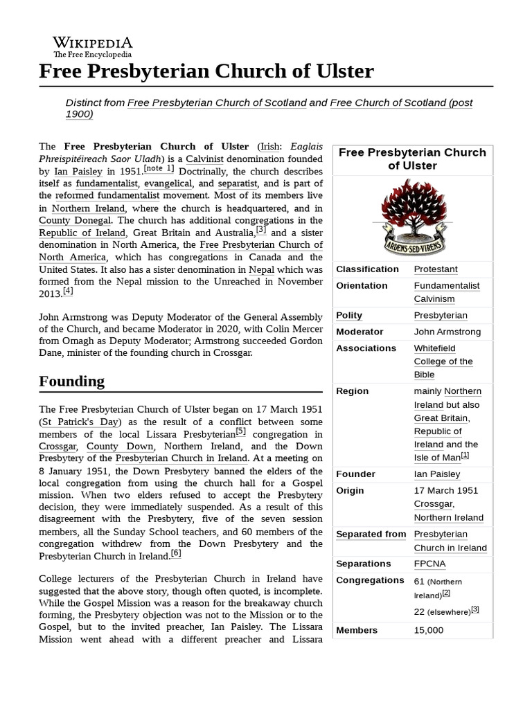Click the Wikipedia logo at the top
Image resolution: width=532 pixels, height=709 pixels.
coord(93,46)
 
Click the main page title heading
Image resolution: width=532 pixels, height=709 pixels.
coord(206,71)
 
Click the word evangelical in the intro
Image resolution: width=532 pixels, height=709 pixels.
coord(169,183)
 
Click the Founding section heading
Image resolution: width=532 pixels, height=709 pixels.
coord(72,382)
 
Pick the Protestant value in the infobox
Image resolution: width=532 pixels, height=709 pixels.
coord(436,269)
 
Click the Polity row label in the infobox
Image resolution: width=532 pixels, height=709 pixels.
coord(349,316)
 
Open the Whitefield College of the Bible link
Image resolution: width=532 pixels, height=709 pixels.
coord(443,361)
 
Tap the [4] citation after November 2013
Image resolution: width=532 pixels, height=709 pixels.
coord(68,291)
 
